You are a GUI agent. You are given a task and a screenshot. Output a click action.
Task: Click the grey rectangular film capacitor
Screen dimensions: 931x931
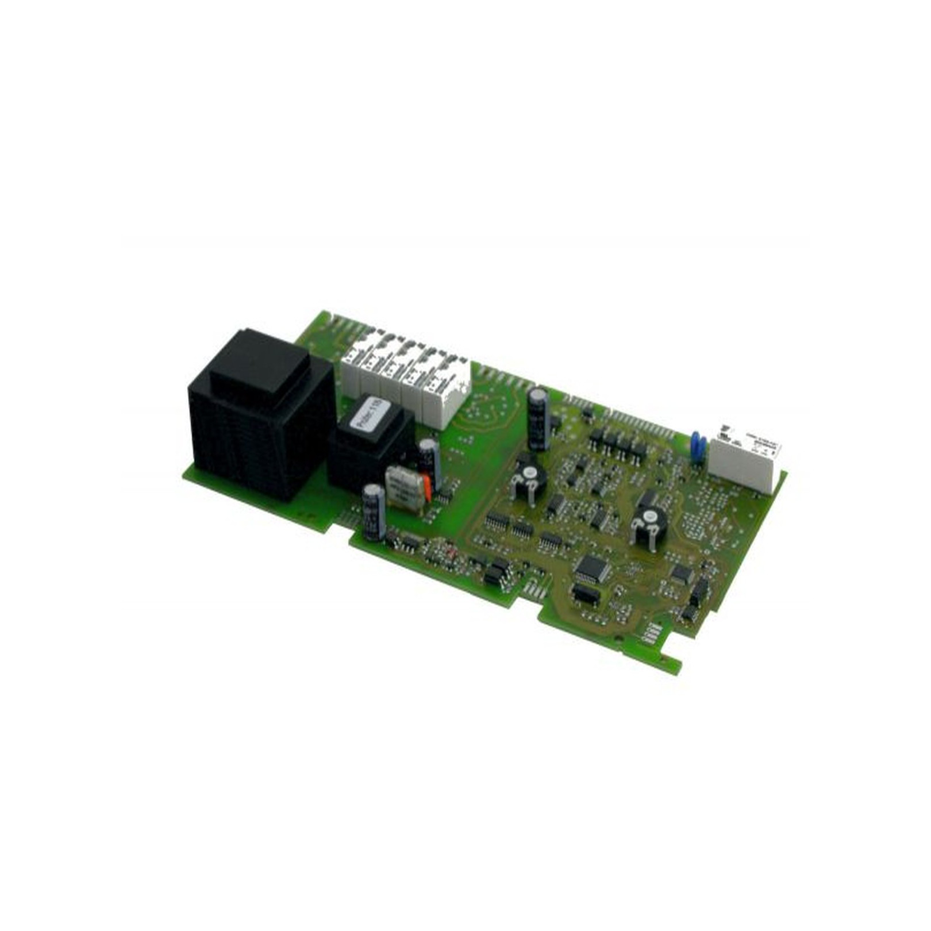pos(405,488)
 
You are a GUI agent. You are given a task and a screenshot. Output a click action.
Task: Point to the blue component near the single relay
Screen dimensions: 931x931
pos(697,447)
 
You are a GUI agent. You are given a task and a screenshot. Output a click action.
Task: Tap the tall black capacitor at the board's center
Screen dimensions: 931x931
pos(538,418)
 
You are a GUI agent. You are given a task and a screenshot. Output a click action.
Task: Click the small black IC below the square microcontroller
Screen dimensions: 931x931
pos(585,595)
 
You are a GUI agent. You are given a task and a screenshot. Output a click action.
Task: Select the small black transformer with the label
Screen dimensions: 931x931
pos(368,448)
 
